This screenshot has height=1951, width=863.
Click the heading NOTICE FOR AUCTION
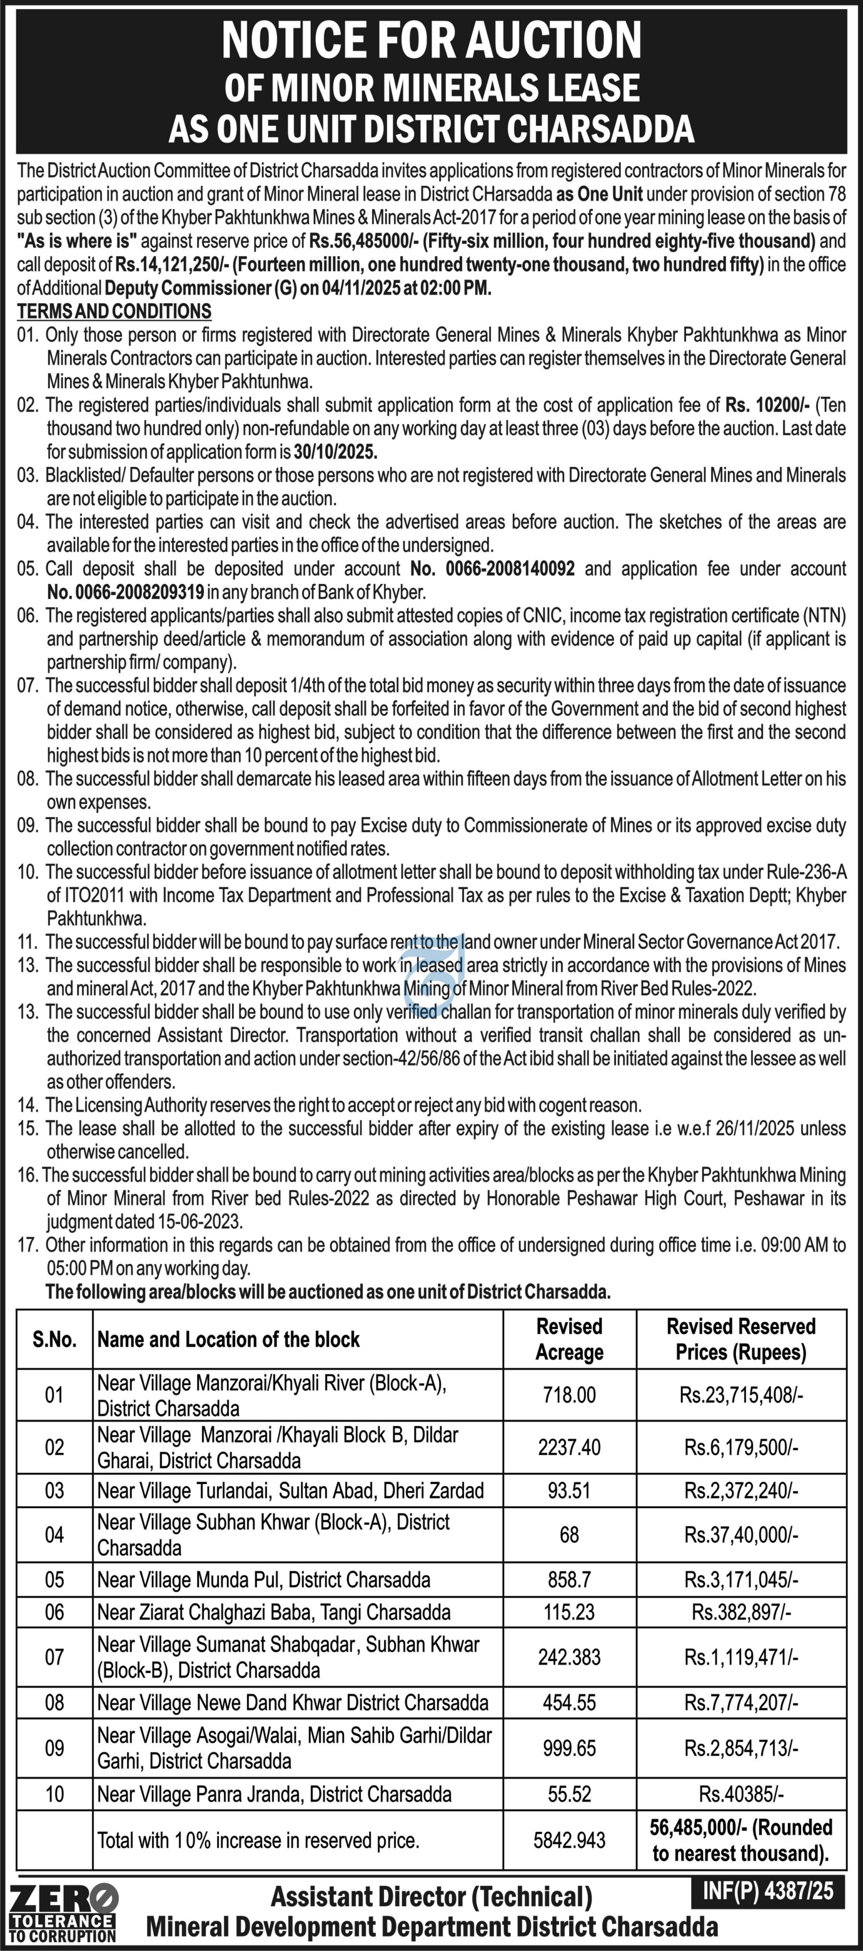(x=431, y=39)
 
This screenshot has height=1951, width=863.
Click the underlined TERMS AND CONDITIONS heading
(x=114, y=311)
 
